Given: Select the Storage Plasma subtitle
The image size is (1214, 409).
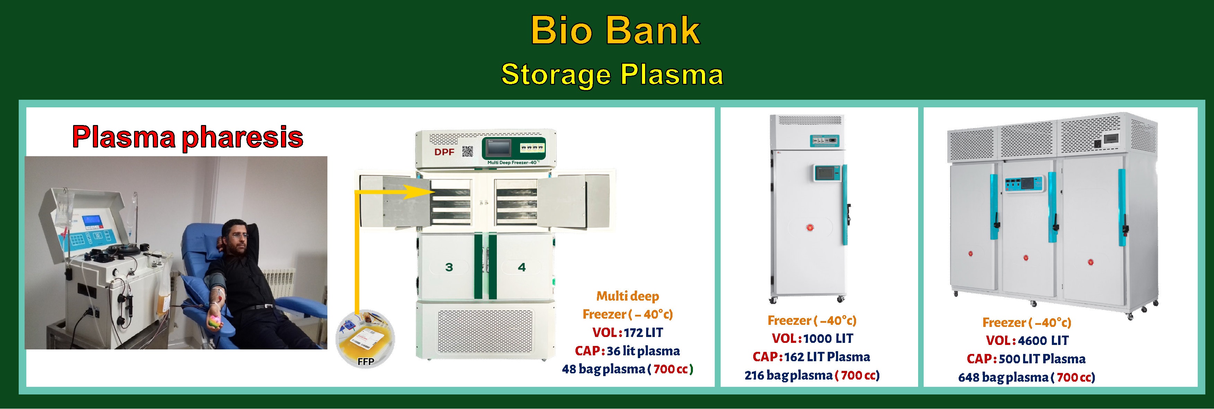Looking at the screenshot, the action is pos(612,74).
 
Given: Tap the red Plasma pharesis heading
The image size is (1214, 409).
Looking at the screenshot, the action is pos(187,137).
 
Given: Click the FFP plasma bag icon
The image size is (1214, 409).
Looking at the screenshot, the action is pos(365,339).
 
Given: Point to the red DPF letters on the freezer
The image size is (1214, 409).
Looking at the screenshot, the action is pos(444,152).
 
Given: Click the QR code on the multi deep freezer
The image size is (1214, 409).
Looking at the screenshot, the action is pos(467,152).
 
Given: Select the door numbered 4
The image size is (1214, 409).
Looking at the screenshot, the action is pos(522,266).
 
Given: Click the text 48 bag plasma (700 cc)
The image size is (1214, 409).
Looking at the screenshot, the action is pos(627,369).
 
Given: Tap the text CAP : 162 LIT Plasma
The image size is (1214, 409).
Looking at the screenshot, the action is pos(811,357).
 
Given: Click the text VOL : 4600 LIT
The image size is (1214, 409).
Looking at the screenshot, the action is pos(1027,340).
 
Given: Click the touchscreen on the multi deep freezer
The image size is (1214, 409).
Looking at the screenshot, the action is pos(499,149).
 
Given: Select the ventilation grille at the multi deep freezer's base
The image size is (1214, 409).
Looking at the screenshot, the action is pos(485,332).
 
